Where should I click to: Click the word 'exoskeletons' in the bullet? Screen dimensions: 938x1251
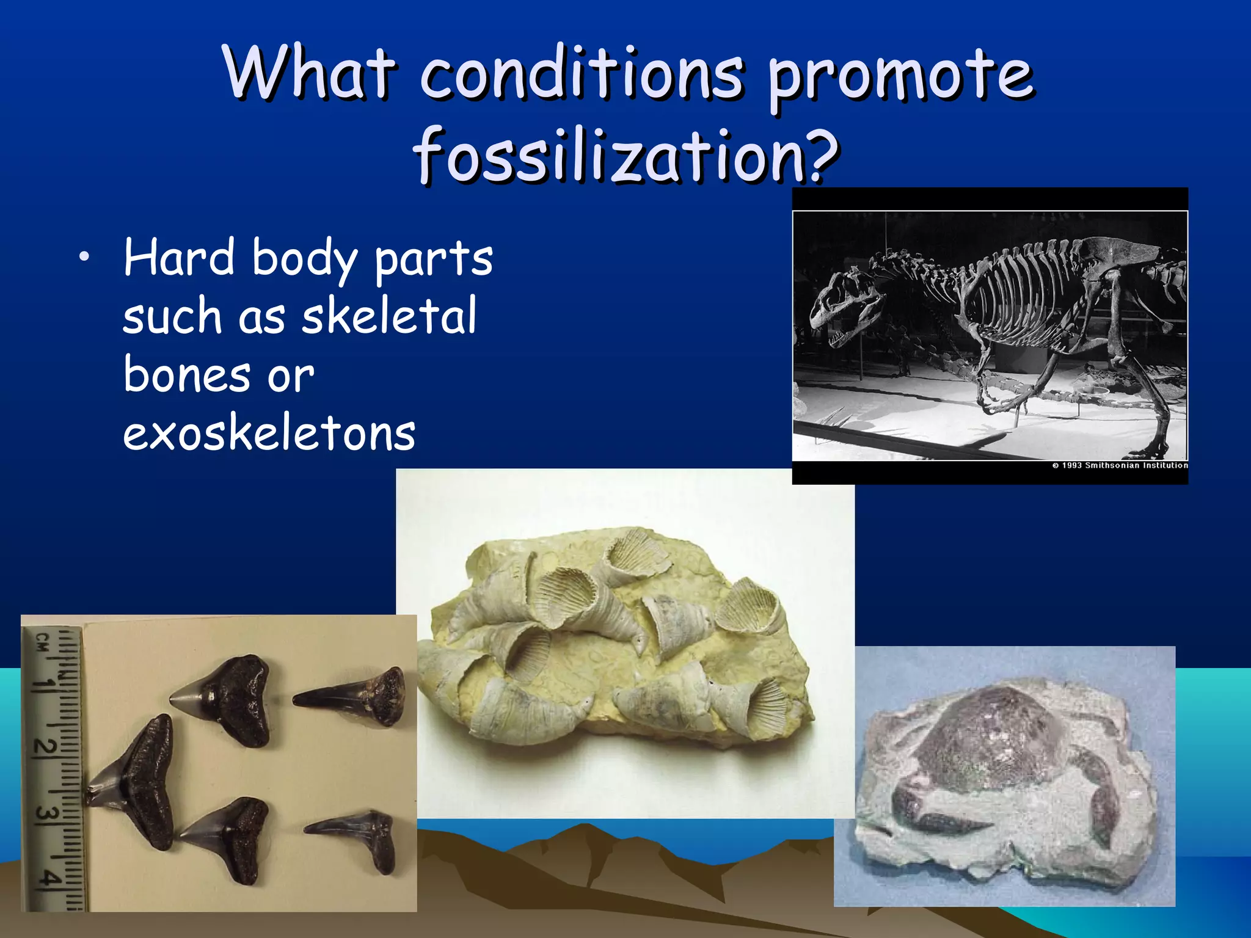tap(269, 434)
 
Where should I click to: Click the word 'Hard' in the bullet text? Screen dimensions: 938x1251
tap(179, 258)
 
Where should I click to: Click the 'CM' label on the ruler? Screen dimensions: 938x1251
tap(42, 641)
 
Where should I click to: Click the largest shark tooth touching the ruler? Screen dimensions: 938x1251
tap(137, 782)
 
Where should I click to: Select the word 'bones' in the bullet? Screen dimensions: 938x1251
tap(186, 375)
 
